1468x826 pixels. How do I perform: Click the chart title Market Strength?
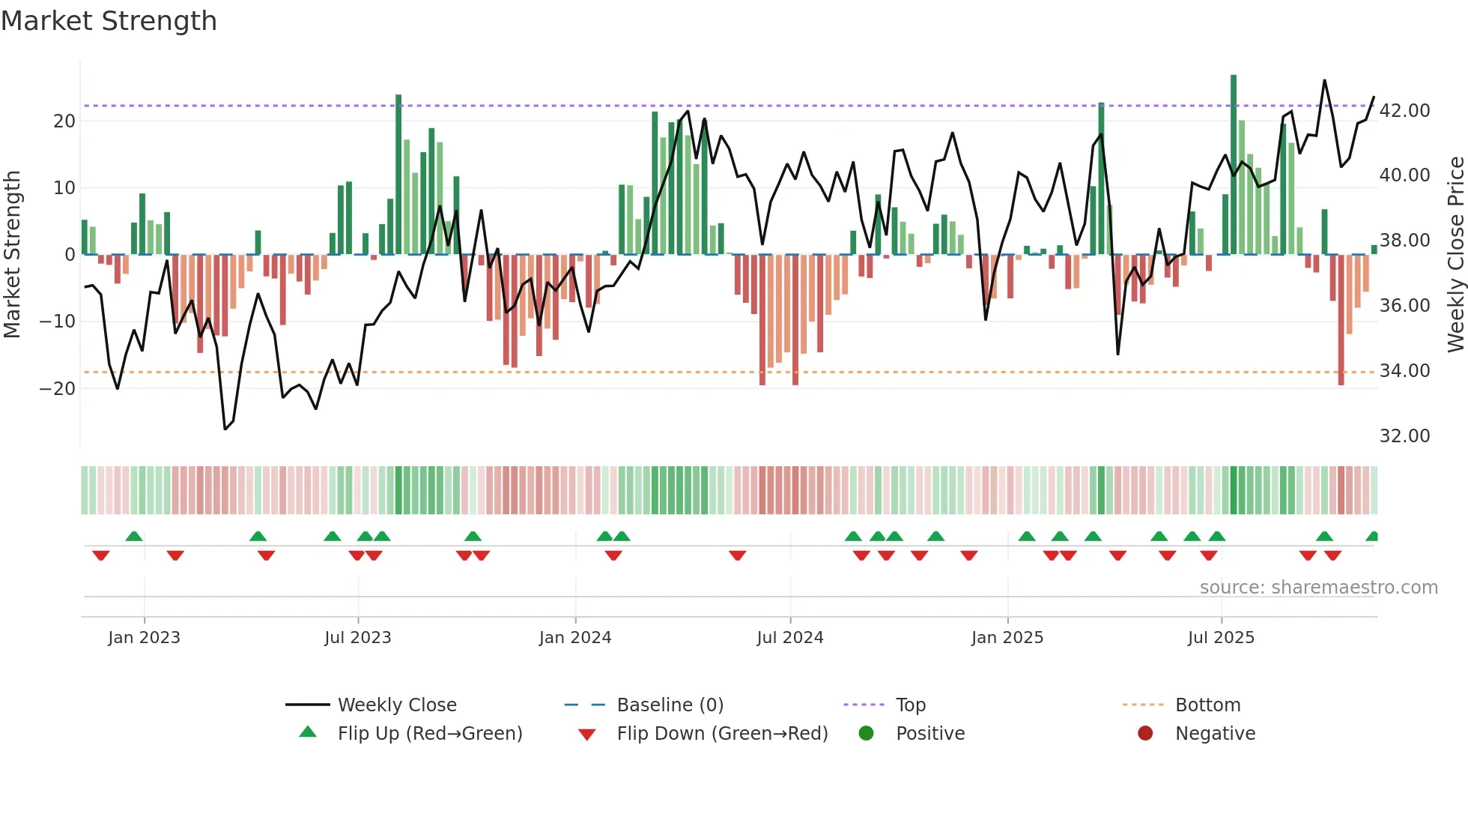tap(109, 21)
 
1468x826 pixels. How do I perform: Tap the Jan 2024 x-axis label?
tap(575, 638)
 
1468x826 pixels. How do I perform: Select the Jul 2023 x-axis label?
tap(358, 638)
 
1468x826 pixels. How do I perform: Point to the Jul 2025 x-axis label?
tap(1221, 638)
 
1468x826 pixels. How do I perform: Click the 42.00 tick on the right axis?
tap(1404, 111)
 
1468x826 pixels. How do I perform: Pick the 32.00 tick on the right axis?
tap(1404, 436)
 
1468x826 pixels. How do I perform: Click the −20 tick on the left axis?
tap(58, 389)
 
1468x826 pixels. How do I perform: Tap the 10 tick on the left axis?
tap(64, 188)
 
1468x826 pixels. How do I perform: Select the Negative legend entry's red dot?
tap(1145, 734)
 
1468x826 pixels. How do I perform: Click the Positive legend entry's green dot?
tap(867, 734)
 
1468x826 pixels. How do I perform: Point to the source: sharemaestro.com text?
tap(1318, 588)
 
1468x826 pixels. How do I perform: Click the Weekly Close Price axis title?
tap(1456, 255)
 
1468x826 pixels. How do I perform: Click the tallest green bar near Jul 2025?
tap(1234, 165)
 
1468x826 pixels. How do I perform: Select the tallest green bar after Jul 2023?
tap(398, 174)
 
